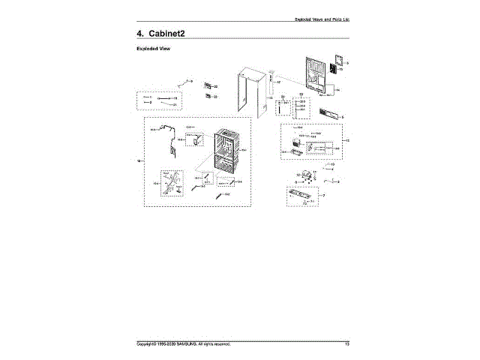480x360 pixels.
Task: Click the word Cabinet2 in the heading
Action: [166, 34]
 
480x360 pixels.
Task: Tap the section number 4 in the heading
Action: [139, 34]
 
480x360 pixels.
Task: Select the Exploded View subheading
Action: [154, 49]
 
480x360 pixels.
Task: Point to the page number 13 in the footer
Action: [346, 344]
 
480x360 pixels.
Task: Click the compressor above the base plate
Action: [307, 177]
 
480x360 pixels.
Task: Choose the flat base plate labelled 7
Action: [304, 197]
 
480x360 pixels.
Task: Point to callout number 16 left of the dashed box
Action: [138, 160]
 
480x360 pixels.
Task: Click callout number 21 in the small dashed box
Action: [174, 104]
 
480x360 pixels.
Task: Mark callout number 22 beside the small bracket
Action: [215, 88]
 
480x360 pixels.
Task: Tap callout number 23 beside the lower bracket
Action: [215, 97]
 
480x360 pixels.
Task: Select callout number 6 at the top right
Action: [347, 63]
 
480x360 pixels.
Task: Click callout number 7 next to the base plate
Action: [323, 196]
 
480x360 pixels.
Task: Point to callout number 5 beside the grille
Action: [342, 117]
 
